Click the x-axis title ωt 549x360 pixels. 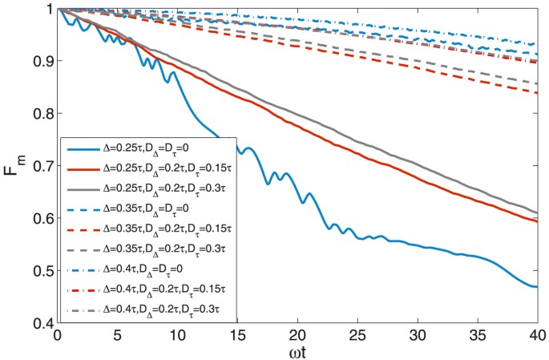297,350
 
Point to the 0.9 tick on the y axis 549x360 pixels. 42,61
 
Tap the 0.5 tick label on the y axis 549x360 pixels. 42,271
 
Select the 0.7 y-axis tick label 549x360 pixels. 42,166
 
